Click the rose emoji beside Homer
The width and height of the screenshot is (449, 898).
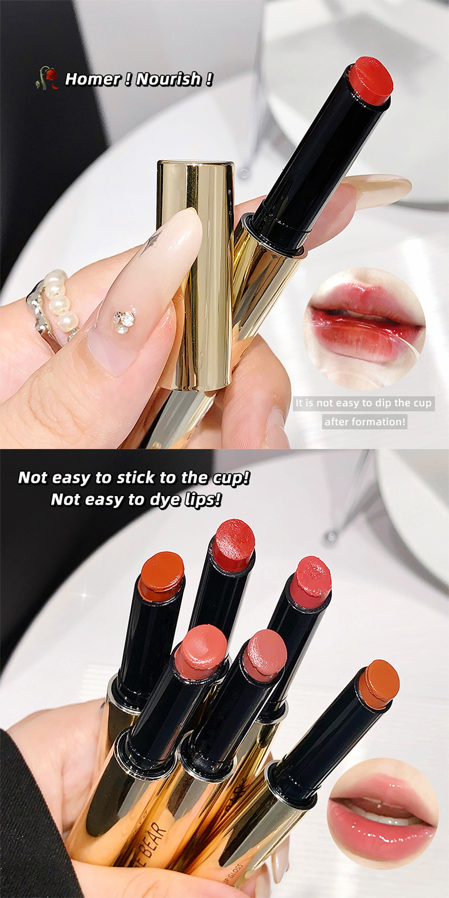click(x=48, y=78)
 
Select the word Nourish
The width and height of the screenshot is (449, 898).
click(x=169, y=79)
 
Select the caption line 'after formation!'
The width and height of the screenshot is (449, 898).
click(x=365, y=422)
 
